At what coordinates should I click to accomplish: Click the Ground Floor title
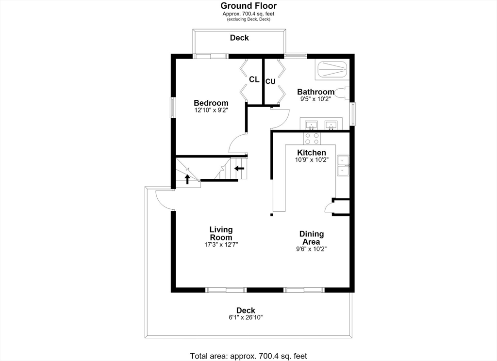click(248, 6)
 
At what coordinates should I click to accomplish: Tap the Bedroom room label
click(211, 103)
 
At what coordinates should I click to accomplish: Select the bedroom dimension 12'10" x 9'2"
click(211, 110)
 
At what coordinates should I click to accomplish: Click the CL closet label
click(254, 79)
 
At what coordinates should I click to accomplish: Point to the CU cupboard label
click(270, 81)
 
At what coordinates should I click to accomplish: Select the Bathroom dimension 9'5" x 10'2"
click(315, 99)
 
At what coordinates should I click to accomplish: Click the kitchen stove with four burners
click(312, 138)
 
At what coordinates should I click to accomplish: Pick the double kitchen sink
click(343, 165)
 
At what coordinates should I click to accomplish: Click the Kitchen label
click(312, 153)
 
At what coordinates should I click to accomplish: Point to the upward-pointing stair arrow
click(187, 179)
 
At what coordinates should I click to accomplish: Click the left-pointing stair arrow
click(239, 169)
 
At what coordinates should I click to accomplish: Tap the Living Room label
click(221, 234)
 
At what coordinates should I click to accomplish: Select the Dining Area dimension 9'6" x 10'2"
click(311, 249)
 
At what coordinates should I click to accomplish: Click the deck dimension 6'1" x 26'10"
click(246, 317)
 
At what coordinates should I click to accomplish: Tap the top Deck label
click(239, 38)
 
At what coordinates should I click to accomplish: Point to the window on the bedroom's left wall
click(173, 108)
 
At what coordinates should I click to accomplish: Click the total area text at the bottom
click(248, 356)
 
